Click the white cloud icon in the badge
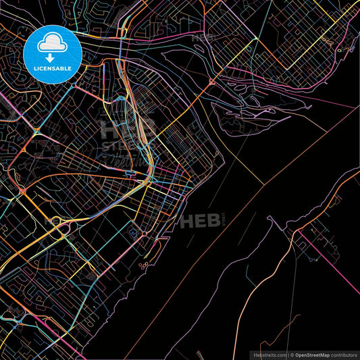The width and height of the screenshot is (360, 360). [52, 43]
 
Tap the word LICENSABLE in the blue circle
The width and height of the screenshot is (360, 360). [52, 68]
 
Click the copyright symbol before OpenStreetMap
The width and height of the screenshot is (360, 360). [292, 354]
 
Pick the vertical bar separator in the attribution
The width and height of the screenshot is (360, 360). [286, 354]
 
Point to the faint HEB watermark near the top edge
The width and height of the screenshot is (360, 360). [201, 37]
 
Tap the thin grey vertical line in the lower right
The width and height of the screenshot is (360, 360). [293, 317]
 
